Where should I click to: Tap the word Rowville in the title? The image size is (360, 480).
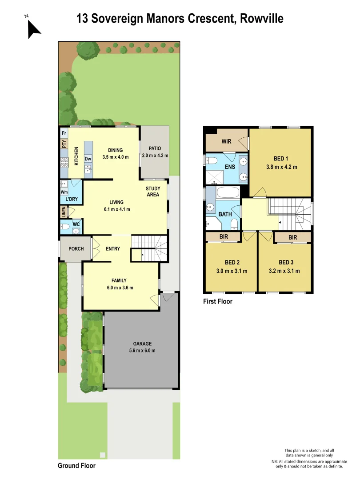pyautogui.click(x=262, y=19)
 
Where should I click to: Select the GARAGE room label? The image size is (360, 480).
pyautogui.click(x=142, y=344)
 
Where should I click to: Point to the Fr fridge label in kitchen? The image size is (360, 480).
pyautogui.click(x=64, y=133)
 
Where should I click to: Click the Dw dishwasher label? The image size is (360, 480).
pyautogui.click(x=88, y=159)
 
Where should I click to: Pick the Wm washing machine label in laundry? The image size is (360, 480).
pyautogui.click(x=64, y=192)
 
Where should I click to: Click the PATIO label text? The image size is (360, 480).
pyautogui.click(x=155, y=149)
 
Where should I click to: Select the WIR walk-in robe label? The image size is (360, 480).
pyautogui.click(x=227, y=142)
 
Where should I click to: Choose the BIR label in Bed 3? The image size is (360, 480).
pyautogui.click(x=292, y=238)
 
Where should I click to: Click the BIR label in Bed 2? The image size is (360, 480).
pyautogui.click(x=224, y=237)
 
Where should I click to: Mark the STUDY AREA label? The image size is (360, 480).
pyautogui.click(x=152, y=192)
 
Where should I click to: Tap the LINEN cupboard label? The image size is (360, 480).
pyautogui.click(x=64, y=212)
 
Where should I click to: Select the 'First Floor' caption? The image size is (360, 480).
pyautogui.click(x=218, y=301)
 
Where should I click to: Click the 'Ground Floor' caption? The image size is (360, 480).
pyautogui.click(x=76, y=466)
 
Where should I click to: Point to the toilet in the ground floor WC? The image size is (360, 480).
pyautogui.click(x=64, y=227)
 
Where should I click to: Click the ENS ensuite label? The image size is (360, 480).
pyautogui.click(x=230, y=167)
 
